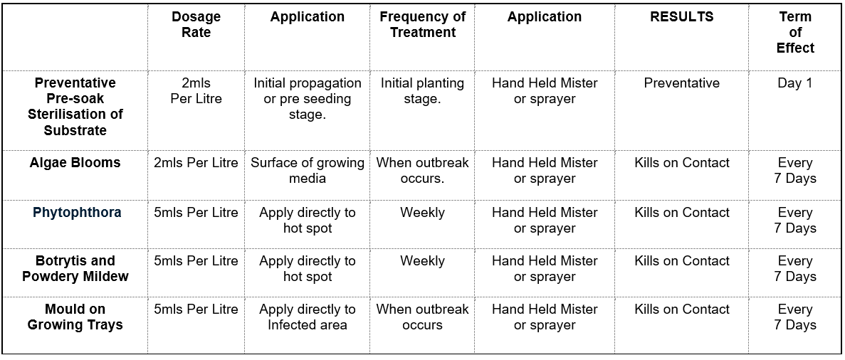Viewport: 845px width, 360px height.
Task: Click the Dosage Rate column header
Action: coord(196,24)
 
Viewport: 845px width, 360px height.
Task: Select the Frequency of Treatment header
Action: coord(423,24)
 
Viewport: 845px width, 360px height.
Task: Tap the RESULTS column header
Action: coord(682,16)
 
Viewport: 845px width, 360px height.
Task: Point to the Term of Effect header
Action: coord(795,32)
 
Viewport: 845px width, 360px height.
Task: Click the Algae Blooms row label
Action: coord(75,163)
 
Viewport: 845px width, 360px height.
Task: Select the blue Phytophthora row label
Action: coord(77,213)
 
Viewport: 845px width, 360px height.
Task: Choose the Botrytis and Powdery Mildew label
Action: coord(75,268)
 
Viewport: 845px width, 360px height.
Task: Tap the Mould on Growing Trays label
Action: coord(75,317)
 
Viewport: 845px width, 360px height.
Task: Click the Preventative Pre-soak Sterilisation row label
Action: coord(75,107)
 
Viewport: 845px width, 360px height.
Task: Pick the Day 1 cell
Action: coord(795,83)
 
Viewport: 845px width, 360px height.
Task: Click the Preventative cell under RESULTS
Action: coord(682,83)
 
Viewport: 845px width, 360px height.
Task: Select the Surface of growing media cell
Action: coord(307,170)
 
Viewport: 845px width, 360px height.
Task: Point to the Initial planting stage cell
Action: coord(423,91)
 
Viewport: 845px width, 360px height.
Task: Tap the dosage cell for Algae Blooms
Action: coord(196,163)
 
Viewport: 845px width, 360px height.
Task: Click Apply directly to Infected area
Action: coord(307,317)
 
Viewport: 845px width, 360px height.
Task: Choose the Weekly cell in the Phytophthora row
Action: coord(423,212)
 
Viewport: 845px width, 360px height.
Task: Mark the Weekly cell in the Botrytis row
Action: coord(423,261)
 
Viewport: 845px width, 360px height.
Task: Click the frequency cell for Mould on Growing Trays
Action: coord(423,317)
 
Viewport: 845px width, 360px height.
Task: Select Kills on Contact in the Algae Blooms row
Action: coord(682,163)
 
